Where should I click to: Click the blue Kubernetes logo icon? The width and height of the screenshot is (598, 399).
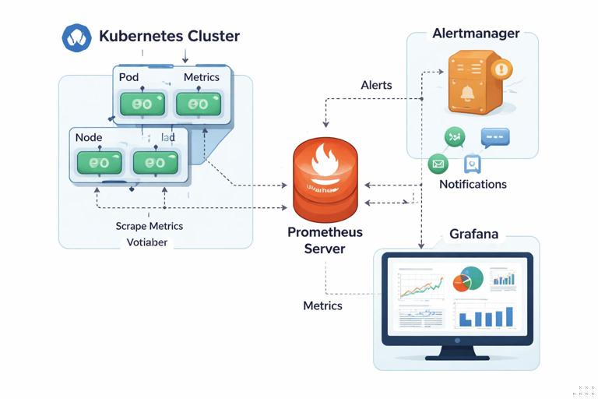tap(76, 37)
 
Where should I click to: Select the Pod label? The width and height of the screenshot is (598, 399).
tap(128, 77)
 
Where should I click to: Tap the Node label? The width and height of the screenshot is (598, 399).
tap(89, 136)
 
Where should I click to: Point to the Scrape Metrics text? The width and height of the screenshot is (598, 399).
tap(149, 226)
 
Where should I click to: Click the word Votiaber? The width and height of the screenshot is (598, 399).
tap(147, 242)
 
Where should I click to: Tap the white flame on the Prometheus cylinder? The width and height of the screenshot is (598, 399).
tap(324, 162)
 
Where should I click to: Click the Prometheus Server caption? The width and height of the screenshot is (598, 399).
tap(325, 240)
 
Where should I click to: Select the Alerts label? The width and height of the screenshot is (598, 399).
tap(376, 85)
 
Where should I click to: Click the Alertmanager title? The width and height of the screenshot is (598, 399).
tap(475, 34)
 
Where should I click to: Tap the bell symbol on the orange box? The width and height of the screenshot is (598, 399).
tap(468, 94)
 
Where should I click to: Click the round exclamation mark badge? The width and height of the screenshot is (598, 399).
tap(501, 69)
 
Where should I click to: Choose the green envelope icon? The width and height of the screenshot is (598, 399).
tap(438, 164)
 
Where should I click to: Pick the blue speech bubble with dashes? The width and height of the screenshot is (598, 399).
tap(494, 138)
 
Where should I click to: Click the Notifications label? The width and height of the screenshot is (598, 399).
tap(473, 185)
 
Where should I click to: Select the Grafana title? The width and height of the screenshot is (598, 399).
tap(473, 234)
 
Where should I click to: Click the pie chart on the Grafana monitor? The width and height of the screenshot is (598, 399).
tap(467, 279)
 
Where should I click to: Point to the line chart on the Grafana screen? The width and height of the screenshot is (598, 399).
tap(421, 284)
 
